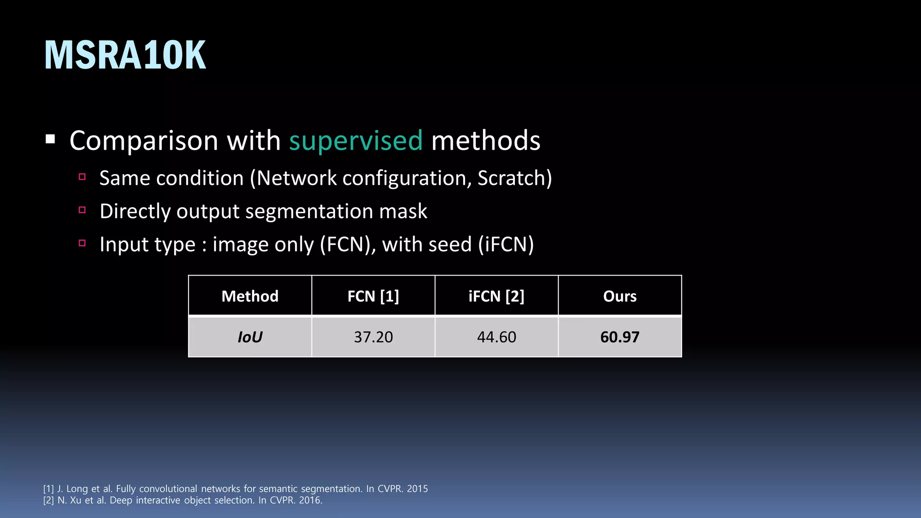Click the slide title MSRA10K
click(125, 55)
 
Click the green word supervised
click(356, 141)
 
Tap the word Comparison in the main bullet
click(144, 141)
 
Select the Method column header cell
click(250, 296)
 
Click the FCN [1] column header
click(373, 296)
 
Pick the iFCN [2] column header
click(496, 296)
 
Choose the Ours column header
click(620, 296)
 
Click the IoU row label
click(250, 337)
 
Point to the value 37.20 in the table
click(373, 337)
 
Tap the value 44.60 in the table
click(496, 337)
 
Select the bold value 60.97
click(620, 337)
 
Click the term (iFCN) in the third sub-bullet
click(506, 245)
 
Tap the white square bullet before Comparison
click(50, 139)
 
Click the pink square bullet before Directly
click(82, 210)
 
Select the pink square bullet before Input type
click(82, 243)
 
